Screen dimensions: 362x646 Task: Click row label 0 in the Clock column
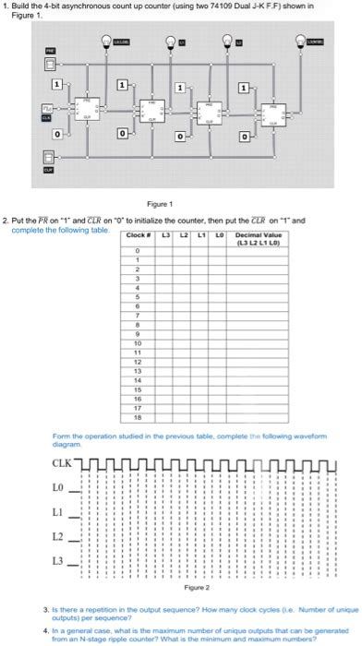(x=137, y=250)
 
